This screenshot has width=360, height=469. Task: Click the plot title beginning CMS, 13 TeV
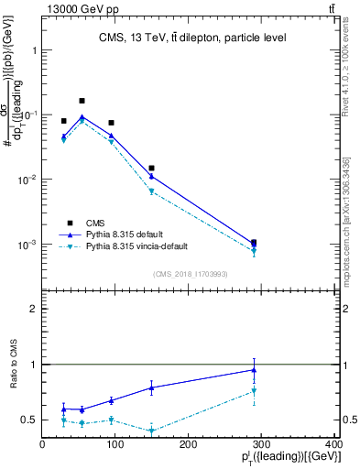pyautogui.click(x=191, y=38)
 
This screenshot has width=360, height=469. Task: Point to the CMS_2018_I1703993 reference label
pyautogui.click(x=190, y=274)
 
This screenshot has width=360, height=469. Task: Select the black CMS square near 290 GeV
pyautogui.click(x=254, y=243)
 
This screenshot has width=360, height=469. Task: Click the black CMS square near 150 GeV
pyautogui.click(x=151, y=169)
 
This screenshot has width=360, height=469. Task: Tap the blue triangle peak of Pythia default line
pyautogui.click(x=82, y=116)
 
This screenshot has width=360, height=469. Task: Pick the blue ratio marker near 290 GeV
pyautogui.click(x=254, y=370)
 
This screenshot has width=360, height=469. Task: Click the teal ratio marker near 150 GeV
pyautogui.click(x=151, y=431)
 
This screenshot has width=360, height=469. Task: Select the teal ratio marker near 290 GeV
pyautogui.click(x=254, y=391)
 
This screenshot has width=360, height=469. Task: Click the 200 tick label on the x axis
pyautogui.click(x=188, y=444)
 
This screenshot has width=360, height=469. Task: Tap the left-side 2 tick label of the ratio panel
pyautogui.click(x=34, y=309)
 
